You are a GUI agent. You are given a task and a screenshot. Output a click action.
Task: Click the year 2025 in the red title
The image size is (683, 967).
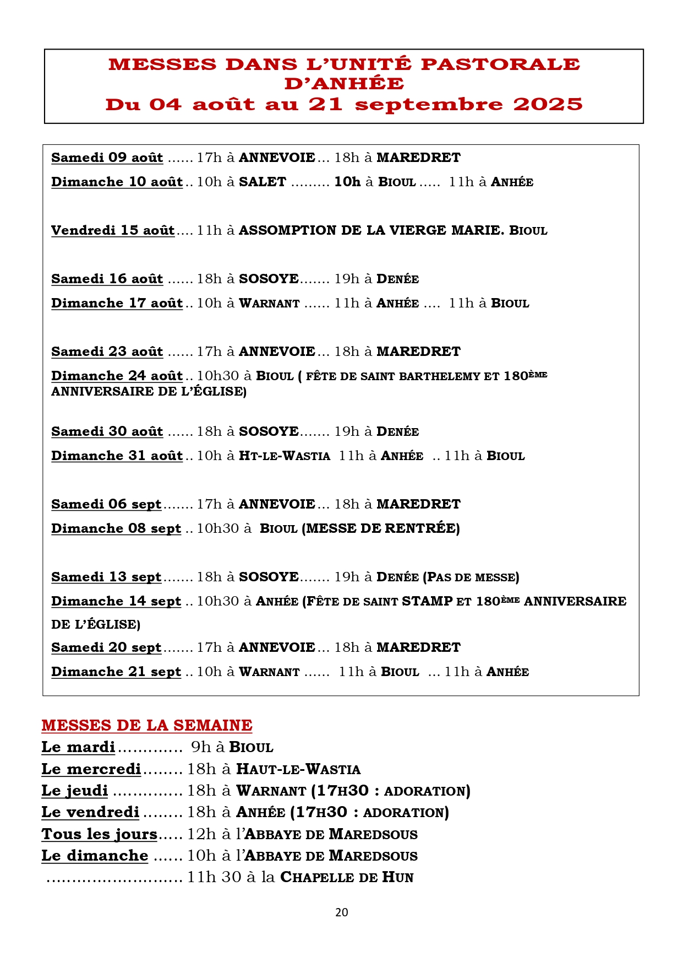coord(548,104)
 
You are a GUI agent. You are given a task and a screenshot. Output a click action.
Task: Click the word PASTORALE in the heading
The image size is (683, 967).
coord(500,64)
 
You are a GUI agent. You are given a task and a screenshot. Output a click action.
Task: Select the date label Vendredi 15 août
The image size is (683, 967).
coord(113,230)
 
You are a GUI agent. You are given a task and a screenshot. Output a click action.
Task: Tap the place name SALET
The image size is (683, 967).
coord(263,182)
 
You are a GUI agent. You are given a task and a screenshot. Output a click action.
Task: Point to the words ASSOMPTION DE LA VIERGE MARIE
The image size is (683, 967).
coord(371,230)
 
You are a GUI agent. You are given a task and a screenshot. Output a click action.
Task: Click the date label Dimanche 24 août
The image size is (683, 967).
coord(117,376)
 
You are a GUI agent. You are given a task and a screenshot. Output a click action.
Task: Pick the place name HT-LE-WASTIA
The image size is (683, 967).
coord(285,456)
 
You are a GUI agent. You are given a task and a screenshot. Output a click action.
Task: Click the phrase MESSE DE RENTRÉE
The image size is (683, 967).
coord(381,528)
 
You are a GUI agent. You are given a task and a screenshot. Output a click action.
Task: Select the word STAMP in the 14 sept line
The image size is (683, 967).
coord(427,601)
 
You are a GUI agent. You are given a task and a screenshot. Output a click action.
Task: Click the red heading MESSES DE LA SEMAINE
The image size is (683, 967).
coord(147,725)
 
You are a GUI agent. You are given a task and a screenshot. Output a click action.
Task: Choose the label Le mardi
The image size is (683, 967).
coord(78,747)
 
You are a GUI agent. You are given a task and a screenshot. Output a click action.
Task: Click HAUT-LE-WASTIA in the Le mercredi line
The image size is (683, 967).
coord(298,769)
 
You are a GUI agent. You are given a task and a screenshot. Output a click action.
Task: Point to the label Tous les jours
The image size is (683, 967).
coord(100,834)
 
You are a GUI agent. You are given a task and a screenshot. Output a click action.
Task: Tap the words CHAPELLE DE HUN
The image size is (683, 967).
coord(347,877)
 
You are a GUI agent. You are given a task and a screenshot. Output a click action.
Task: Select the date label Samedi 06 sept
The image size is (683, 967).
coord(106,504)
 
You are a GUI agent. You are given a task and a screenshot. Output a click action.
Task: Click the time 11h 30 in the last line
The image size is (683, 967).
coord(214,877)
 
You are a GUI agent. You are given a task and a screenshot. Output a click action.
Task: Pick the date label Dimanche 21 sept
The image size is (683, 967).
coord(116,672)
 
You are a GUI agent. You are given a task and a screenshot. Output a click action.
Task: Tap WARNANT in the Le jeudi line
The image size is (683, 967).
coord(271,791)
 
